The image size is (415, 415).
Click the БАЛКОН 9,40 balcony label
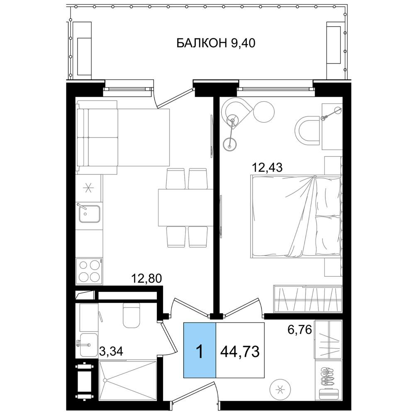coord(216,43)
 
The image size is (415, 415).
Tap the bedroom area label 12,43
coord(267,167)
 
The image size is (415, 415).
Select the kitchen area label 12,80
coord(146,278)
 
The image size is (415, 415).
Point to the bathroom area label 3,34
coord(111,352)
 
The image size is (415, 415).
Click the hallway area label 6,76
coord(300,330)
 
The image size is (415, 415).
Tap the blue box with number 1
coord(200,350)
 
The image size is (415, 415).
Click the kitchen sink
coord(89,214)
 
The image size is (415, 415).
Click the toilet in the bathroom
coord(131,315)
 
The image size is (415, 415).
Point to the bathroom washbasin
coord(88,345)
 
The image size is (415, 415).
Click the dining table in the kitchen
coord(186,207)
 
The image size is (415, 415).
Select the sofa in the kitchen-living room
coord(123,137)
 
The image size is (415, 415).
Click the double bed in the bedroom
coord(295,217)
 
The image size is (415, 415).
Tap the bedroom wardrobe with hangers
coord(308,298)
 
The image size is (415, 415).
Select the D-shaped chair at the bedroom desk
coord(307,130)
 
